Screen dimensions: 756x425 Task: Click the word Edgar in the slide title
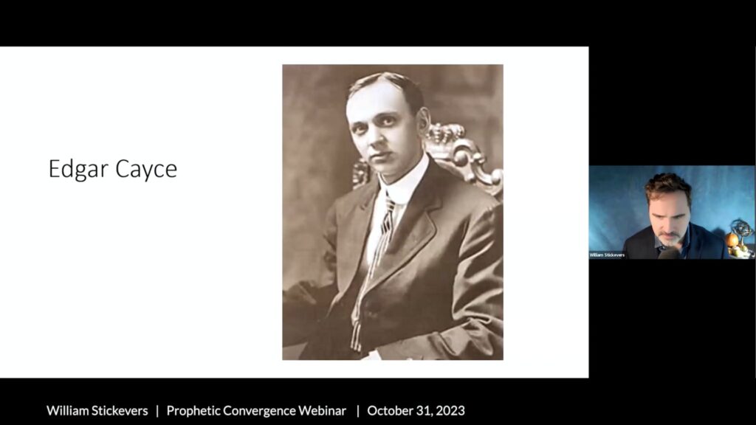[x=78, y=170]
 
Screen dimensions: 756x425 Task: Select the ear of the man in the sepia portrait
[x=423, y=122]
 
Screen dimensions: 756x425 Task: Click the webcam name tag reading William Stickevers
[x=607, y=255]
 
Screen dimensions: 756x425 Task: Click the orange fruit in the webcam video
[x=732, y=240]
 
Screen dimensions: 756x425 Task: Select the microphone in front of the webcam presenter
[x=667, y=253]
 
